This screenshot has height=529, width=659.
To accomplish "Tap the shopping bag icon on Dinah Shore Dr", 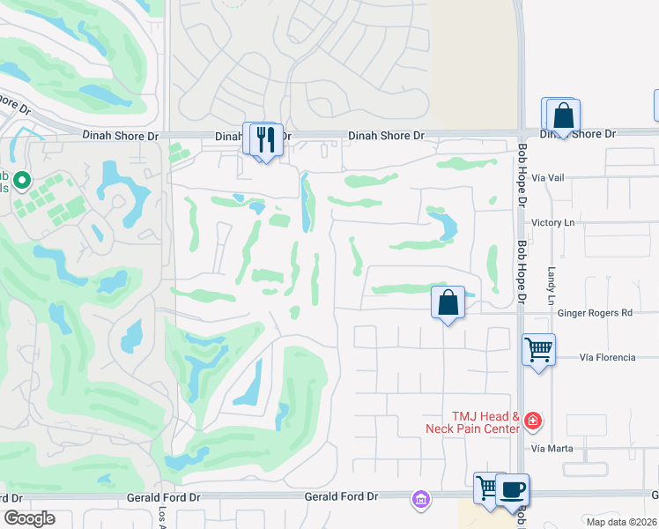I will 563,115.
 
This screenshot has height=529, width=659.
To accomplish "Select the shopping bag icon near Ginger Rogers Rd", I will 448,302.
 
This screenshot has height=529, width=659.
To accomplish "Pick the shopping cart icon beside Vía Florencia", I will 539,348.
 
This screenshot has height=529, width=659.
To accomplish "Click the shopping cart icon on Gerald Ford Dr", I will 488,488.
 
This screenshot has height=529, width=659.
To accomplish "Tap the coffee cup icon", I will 512,490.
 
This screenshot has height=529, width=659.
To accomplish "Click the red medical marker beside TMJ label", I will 531,421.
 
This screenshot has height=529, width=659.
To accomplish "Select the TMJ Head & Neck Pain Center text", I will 472,421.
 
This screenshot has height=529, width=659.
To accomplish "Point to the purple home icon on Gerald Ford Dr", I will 420,500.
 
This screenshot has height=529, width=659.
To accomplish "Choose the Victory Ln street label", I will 552,223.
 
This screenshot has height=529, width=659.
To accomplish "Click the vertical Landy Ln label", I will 552,287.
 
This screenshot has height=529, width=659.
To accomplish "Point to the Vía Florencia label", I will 607,357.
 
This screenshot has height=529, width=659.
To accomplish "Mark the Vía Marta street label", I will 552,448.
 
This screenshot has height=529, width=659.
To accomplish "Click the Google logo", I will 29,518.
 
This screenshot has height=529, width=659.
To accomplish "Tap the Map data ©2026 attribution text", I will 621,522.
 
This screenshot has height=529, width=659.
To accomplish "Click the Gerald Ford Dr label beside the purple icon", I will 341,497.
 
